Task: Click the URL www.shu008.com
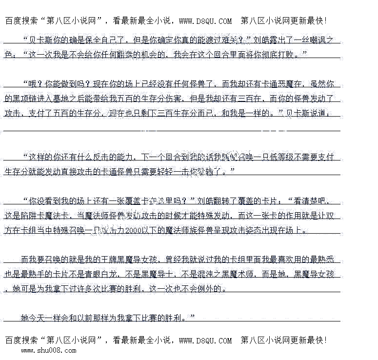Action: coord(48,350)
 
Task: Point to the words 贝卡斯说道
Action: coord(307,113)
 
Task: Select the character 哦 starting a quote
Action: coord(33,84)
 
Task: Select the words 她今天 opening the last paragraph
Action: coord(33,318)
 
